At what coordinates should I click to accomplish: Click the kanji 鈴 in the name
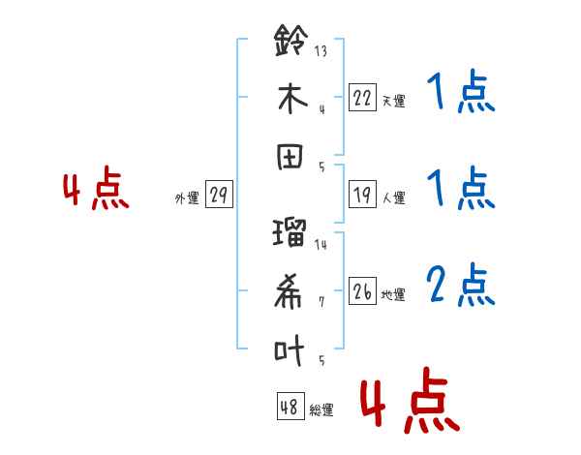tap(291, 40)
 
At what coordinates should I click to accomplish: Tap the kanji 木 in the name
tap(292, 98)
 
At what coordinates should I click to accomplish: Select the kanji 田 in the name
tap(290, 157)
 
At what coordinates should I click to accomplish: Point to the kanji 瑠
tap(290, 232)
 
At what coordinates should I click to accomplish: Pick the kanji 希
tap(289, 290)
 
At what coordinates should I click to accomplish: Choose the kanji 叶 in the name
tap(290, 349)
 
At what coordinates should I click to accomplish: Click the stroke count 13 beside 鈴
tap(321, 50)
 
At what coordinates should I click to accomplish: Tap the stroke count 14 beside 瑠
tap(321, 245)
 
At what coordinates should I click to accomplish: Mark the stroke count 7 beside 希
tap(321, 302)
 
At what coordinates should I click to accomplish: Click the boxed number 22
tap(362, 98)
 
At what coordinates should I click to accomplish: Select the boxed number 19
tap(362, 195)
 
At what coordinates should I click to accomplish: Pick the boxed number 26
tap(362, 290)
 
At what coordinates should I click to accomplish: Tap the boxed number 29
tap(219, 195)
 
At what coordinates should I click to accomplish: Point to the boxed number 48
tap(290, 406)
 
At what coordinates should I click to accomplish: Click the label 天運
tap(393, 101)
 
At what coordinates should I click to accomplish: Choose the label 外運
tap(187, 197)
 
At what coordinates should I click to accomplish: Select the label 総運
tap(321, 409)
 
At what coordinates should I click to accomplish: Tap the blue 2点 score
tap(461, 285)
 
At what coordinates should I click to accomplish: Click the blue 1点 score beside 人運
tap(461, 188)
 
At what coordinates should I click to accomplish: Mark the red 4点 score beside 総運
tap(411, 400)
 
